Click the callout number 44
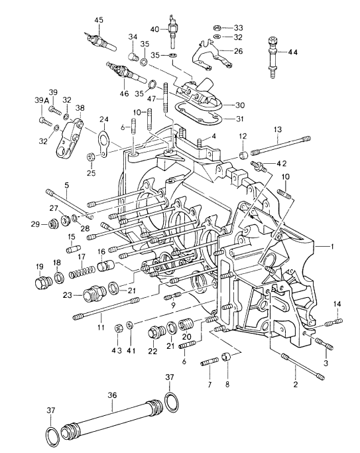(x=292, y=52)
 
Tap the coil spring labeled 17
(x=82, y=272)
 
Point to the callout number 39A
(x=42, y=100)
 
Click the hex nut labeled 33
(x=217, y=28)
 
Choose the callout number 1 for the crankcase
(x=332, y=247)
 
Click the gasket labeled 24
(x=103, y=143)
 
